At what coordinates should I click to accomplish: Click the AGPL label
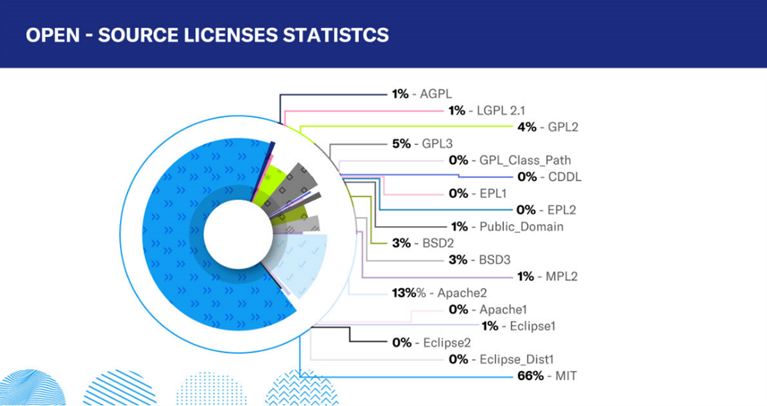coord(436,93)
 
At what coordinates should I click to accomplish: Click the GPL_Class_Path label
coord(525,160)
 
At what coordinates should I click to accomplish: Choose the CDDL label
coord(565,177)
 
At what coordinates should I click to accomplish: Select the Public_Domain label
coord(522,227)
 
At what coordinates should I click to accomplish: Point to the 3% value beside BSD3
coord(458,260)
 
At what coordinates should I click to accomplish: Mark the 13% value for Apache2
coord(404,293)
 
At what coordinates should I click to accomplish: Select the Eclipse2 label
coord(447,343)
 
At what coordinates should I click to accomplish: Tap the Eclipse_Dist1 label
coord(517,359)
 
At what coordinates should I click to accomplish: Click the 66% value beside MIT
coord(529,376)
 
